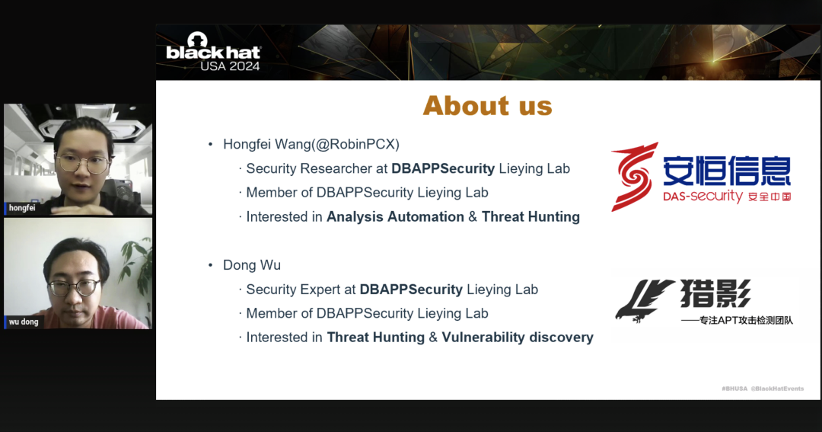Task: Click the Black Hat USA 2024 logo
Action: tap(213, 52)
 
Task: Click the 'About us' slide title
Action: tap(488, 105)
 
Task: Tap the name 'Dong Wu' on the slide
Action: tap(252, 265)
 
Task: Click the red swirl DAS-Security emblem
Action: tap(634, 177)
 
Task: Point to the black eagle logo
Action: tap(645, 301)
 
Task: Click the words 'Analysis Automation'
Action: tap(395, 217)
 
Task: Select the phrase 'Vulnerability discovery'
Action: tap(518, 337)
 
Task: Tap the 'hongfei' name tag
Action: tap(21, 208)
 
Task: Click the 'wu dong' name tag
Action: tap(23, 322)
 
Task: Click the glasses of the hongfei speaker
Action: tap(83, 163)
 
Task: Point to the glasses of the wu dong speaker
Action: tap(73, 288)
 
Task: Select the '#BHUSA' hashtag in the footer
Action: tap(734, 389)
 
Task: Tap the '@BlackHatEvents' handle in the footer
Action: tap(777, 389)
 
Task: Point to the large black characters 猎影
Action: tap(715, 293)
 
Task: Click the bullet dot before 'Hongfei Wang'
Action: tap(211, 144)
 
